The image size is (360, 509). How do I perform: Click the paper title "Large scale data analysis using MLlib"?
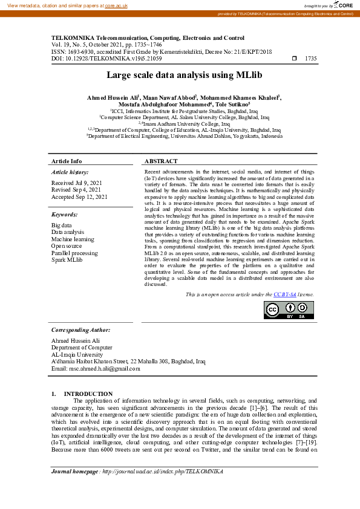pyautogui.click(x=180, y=76)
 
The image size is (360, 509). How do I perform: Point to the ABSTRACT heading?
pyautogui.click(x=161, y=161)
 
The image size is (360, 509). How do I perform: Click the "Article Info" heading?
pyautogui.click(x=67, y=161)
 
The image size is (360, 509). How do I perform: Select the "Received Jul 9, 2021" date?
pyautogui.click(x=76, y=182)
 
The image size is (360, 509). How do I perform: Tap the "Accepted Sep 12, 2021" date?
pyautogui.click(x=79, y=196)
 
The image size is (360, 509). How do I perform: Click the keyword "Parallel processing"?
pyautogui.click(x=74, y=253)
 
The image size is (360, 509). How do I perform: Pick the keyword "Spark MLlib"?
pyautogui.click(x=67, y=260)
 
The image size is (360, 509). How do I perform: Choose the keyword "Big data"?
pyautogui.click(x=62, y=225)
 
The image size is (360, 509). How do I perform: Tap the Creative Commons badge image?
pyautogui.click(x=289, y=309)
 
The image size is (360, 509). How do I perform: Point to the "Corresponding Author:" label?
pyautogui.click(x=80, y=330)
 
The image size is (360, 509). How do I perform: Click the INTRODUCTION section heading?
pyautogui.click(x=88, y=394)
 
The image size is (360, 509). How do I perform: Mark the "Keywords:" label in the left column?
pyautogui.click(x=65, y=215)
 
